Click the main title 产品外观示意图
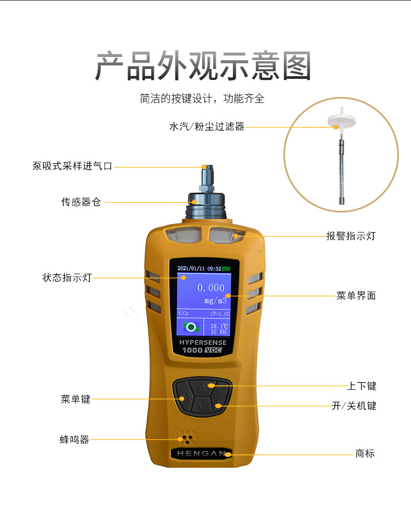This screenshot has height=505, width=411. point(203,65)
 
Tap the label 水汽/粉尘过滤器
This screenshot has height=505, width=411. point(207,126)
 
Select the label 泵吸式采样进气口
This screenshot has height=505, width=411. point(72,166)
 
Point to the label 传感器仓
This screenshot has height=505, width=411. point(81,202)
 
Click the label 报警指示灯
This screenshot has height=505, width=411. point(351,236)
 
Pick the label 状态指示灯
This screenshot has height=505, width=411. point(67,277)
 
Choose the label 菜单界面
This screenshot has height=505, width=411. point(356,295)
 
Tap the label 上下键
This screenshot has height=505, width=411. point(361,386)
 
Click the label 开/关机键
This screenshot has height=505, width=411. point(354,405)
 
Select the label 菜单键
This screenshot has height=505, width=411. point(76,399)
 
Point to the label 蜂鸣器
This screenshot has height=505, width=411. point(75,439)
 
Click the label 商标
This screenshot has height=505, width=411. point(365,454)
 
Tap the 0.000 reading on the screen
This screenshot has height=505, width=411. point(211,288)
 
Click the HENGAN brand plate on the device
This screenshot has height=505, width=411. point(201,454)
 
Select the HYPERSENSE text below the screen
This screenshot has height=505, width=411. point(203,342)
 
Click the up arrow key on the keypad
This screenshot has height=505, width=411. point(202,387)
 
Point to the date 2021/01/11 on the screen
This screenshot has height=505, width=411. point(191,268)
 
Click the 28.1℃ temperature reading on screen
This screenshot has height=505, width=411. point(219,326)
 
